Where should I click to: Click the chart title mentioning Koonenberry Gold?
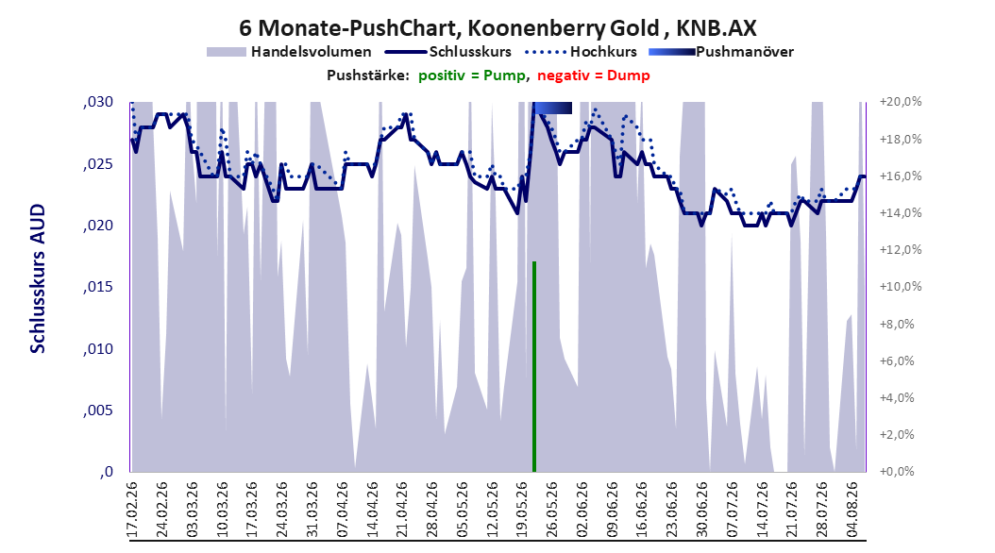point(497,28)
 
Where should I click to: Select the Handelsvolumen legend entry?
point(290,52)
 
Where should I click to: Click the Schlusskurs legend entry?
point(448,52)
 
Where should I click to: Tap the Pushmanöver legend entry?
point(721,52)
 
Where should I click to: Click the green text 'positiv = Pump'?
point(472,75)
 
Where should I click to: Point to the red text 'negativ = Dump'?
point(594,75)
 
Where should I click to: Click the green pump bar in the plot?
point(534,366)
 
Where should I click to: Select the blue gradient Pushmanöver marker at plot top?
point(552,108)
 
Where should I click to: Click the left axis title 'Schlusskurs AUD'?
point(38,278)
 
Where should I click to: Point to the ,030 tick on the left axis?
point(98,102)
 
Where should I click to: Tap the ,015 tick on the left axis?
point(98,287)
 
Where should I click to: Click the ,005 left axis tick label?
point(98,411)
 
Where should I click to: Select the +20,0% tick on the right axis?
point(901,102)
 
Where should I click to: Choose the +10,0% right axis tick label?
point(901,287)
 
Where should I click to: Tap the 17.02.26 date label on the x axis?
point(132,510)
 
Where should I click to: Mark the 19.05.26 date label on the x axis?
point(523,510)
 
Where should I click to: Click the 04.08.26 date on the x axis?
point(853,510)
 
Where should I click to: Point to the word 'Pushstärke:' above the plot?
point(368,75)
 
